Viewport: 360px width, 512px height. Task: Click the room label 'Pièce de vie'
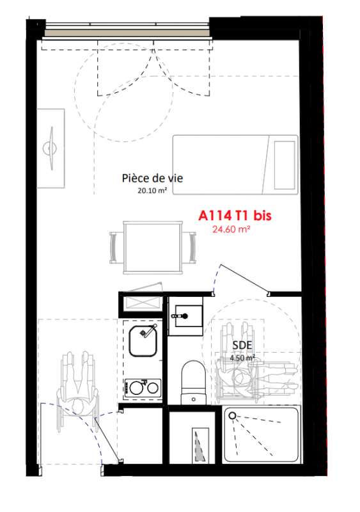(152, 179)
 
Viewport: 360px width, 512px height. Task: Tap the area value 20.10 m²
(152, 190)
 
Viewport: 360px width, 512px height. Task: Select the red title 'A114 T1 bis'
(235, 216)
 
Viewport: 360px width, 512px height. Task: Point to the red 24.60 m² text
(231, 229)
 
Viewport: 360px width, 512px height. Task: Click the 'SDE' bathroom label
(242, 345)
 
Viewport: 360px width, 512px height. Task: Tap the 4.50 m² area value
(242, 358)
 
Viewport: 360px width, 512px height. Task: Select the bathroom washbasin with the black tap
(187, 316)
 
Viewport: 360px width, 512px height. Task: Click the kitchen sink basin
(143, 341)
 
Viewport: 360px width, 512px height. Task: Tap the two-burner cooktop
(143, 388)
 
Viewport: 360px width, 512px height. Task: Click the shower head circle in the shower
(232, 415)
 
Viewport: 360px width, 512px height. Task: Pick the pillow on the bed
(285, 165)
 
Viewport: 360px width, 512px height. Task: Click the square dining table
(153, 248)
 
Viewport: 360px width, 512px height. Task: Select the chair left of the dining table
(116, 248)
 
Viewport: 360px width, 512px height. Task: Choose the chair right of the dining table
(189, 248)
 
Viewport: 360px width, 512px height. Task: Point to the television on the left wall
(51, 148)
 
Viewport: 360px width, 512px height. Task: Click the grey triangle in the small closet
(200, 447)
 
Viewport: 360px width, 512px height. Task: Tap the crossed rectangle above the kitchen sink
(141, 303)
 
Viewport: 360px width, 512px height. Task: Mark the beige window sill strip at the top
(127, 33)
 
